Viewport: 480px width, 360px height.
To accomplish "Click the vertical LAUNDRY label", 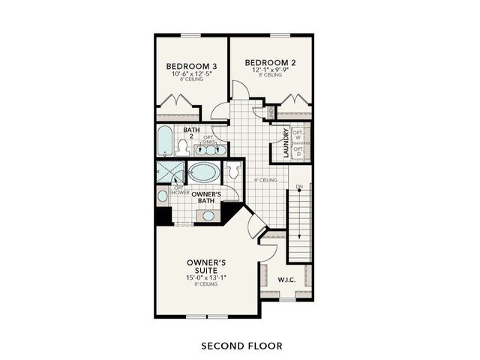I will tap(286, 142).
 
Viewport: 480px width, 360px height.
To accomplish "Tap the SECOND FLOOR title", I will tap(241, 346).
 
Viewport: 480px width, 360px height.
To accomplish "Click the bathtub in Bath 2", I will tap(165, 140).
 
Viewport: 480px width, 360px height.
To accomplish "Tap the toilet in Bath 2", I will tap(183, 147).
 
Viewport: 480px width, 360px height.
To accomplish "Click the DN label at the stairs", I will tap(298, 186).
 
